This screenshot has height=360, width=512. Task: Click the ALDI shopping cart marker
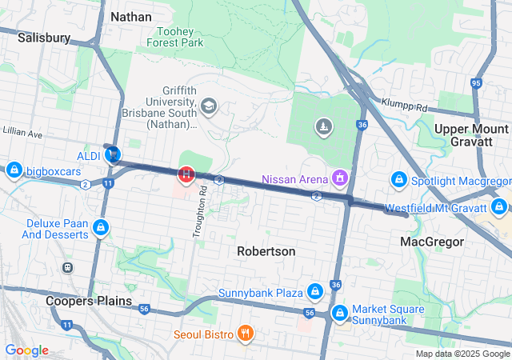(x=114, y=154)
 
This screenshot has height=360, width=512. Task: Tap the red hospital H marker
(x=186, y=173)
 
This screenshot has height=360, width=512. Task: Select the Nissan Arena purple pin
(x=340, y=177)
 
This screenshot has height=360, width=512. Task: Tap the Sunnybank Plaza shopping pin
(x=315, y=290)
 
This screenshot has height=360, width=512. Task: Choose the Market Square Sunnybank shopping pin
(x=339, y=313)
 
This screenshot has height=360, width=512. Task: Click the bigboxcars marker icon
(x=14, y=170)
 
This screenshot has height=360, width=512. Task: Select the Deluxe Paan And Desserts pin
(x=101, y=229)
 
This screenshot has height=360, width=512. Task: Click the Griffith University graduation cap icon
(x=209, y=106)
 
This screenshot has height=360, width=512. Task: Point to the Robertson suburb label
(x=266, y=251)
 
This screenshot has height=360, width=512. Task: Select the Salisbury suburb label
(x=44, y=38)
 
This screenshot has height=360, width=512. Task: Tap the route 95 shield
(x=476, y=82)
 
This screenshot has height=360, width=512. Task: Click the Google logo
(x=26, y=350)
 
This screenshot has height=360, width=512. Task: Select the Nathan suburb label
(x=131, y=16)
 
